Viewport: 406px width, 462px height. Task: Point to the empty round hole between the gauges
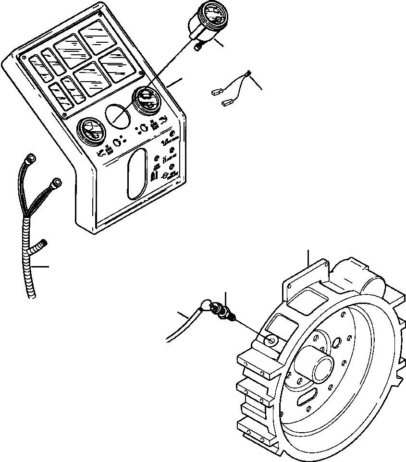tap(117, 115)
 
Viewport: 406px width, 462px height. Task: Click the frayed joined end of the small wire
tap(248, 73)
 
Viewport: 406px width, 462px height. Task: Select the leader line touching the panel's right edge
tap(176, 82)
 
